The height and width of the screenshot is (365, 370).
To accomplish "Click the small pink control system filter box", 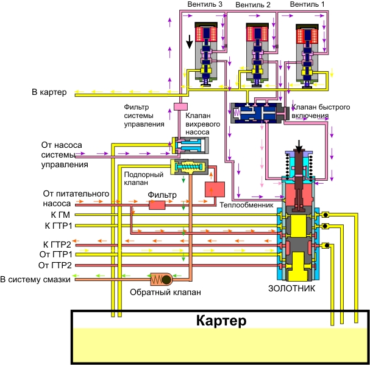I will coord(180,107).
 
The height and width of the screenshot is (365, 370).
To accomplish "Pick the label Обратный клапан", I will coord(165,292).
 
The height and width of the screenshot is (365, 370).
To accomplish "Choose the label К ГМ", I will coord(60,214).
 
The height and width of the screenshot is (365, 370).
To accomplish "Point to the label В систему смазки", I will coord(37,280).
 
